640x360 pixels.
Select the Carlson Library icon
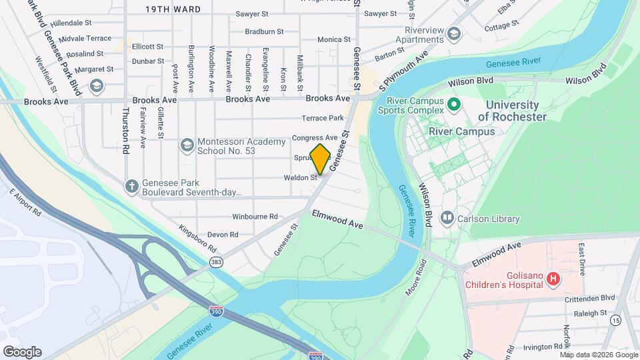coord(447,218)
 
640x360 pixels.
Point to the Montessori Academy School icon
coord(187,145)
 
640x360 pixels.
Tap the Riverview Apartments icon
coord(454,33)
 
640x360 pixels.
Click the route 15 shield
coord(615,321)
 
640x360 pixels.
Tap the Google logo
coord(22,352)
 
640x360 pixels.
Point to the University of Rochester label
coord(512,111)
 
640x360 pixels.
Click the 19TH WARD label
coord(173,9)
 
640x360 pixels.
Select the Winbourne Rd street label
coord(255,217)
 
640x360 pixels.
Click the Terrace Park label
coord(323,118)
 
